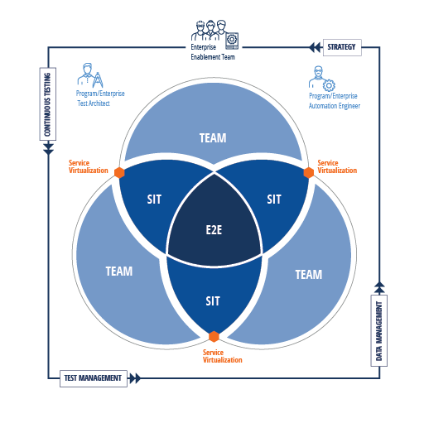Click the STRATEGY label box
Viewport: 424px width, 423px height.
click(342, 47)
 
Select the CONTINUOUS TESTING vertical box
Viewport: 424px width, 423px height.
click(48, 104)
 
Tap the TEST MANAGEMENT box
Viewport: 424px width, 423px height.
click(94, 378)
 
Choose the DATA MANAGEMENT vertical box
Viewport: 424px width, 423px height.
click(379, 330)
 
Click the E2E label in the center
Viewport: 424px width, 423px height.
click(214, 230)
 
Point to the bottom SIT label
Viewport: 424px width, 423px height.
click(213, 301)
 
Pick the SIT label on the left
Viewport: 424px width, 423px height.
click(154, 199)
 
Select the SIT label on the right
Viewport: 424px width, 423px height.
click(274, 199)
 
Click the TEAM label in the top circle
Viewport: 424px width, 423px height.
click(213, 138)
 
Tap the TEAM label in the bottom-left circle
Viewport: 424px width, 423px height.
click(119, 272)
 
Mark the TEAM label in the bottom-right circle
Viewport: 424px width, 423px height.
click(309, 275)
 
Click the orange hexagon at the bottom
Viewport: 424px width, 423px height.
click(214, 337)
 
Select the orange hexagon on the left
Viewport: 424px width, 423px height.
click(119, 172)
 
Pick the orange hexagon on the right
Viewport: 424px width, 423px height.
click(309, 172)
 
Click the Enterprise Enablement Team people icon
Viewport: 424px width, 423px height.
click(214, 34)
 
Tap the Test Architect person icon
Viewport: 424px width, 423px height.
click(90, 75)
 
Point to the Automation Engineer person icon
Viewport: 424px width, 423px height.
click(322, 79)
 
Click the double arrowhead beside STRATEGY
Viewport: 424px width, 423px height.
click(315, 47)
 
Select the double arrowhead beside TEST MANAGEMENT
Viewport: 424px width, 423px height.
click(135, 378)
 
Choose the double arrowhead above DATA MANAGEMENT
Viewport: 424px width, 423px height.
click(379, 287)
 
